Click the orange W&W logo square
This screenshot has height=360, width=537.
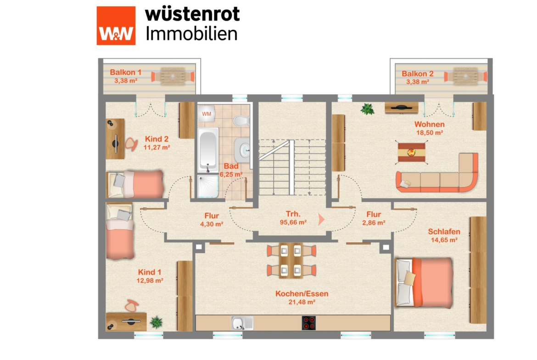point(116,26)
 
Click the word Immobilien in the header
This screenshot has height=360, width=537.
point(191,34)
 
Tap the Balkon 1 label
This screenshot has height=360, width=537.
point(125,72)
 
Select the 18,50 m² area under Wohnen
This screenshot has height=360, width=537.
point(430,133)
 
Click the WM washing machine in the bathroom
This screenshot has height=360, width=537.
point(206,114)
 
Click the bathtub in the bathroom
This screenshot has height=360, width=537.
point(208,150)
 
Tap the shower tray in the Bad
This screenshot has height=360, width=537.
point(208,186)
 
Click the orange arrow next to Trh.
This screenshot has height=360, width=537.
point(321,219)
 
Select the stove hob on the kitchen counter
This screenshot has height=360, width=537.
point(308,323)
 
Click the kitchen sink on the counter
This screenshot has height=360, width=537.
point(242,323)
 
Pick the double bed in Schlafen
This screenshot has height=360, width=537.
point(424,282)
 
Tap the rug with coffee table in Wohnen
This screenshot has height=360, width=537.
point(411,152)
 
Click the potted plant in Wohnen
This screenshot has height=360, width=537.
point(367,109)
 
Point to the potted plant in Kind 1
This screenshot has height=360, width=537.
point(156,322)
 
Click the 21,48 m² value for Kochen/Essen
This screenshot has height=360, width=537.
point(302,302)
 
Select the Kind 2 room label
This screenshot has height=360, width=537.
point(157,139)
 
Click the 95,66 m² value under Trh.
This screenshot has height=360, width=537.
point(293,222)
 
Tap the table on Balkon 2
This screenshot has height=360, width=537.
point(465,76)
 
